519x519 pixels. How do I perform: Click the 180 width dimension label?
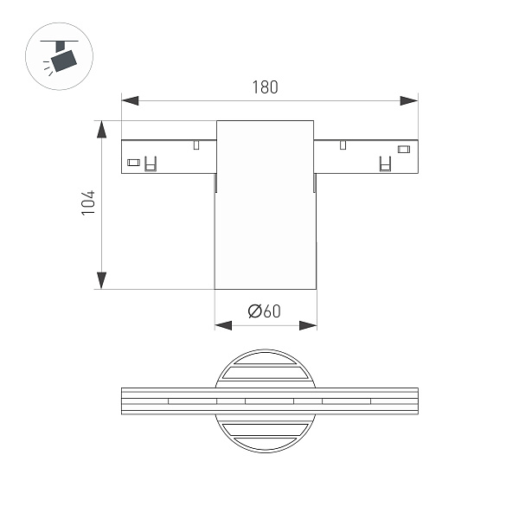tap(265, 87)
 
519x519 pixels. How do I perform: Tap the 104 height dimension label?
tap(88, 202)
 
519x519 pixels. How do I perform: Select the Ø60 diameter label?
tap(264, 311)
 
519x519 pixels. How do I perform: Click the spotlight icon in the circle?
tap(59, 56)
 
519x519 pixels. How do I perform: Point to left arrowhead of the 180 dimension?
tap(130, 100)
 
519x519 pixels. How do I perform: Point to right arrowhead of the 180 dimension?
tap(409, 100)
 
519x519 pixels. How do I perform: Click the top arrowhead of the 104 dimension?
tap(101, 129)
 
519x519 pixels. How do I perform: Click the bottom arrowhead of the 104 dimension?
tap(101, 280)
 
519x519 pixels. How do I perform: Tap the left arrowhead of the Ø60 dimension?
tap(223, 325)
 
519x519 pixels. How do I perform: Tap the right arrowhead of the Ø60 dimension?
tap(308, 325)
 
